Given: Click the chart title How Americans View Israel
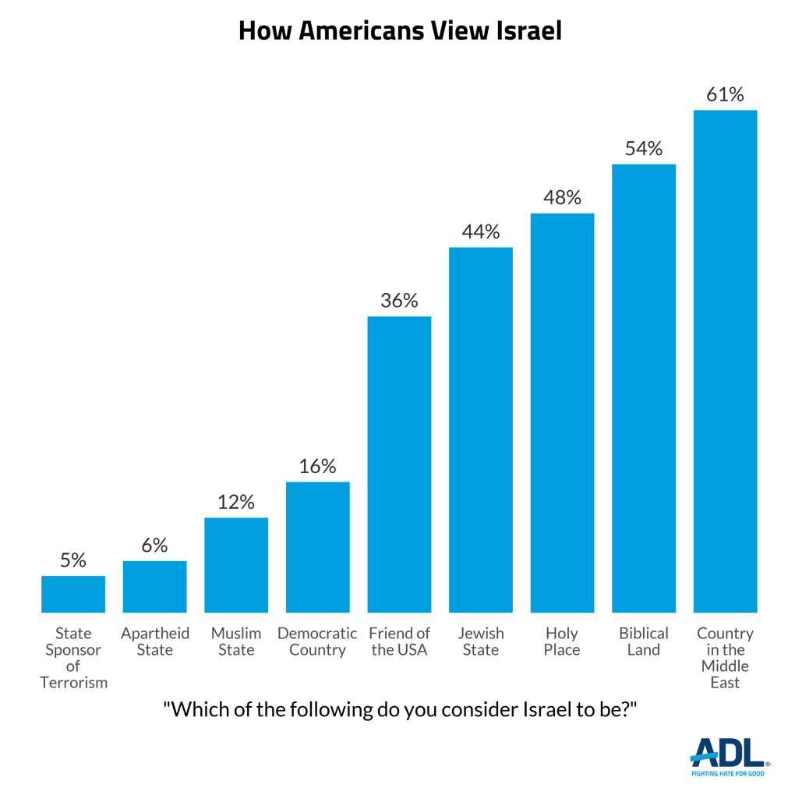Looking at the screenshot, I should pos(399,30).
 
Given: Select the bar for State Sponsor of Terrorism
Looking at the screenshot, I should pos(73,594).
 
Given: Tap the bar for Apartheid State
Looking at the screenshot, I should pos(154,586).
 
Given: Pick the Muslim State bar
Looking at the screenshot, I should pos(236,565).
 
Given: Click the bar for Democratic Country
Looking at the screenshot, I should pos(317,547).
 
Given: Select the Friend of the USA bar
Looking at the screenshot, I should pos(399,464).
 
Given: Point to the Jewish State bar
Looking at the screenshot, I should pos(480,429).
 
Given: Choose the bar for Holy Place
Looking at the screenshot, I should pos(562,412).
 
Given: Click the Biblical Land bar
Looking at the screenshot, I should pos(643,387).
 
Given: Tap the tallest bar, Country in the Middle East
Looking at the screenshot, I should pos(725,361).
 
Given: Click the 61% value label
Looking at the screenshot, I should pos(725,95).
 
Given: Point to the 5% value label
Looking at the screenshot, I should pos(73,560).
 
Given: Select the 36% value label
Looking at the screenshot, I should pos(399,301).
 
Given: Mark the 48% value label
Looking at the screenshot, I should pos(562,198).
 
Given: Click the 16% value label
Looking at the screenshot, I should pos(317,466).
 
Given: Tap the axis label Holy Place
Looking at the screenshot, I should pos(562,641).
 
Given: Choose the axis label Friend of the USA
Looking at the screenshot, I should pos(399,641).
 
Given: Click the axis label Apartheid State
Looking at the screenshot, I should pos(154,641).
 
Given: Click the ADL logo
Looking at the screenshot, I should pos(730,754).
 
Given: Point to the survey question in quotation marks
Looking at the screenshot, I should pos(399,710).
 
